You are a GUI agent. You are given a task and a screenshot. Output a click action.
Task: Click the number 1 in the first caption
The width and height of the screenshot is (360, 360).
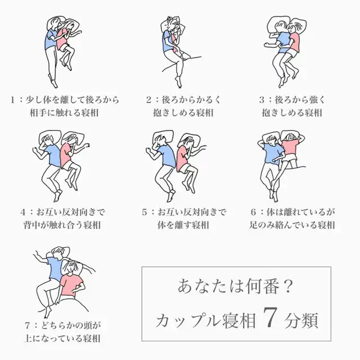[x=13, y=100]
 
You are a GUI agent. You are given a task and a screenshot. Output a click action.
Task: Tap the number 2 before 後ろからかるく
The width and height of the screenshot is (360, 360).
[x=148, y=100]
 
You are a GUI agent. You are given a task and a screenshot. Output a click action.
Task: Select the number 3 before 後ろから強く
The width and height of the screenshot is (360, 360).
[x=262, y=100]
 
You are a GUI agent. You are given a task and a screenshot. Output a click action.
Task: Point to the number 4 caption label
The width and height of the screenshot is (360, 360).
[x=22, y=212]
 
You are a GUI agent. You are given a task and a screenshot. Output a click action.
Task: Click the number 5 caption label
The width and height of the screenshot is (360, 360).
[x=144, y=212]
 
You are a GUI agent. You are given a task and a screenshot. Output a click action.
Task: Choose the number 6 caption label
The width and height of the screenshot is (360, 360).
[x=253, y=212]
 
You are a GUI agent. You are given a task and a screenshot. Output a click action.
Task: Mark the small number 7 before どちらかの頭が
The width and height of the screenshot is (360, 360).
[x=28, y=326]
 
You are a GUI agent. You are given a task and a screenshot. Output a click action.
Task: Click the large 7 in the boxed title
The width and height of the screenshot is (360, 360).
[x=270, y=317]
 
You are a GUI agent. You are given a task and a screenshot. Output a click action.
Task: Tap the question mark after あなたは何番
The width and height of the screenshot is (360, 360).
[x=288, y=286]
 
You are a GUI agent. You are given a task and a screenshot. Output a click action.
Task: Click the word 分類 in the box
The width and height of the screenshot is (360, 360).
[x=301, y=320]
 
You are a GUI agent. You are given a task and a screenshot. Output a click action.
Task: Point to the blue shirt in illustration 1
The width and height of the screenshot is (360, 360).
[x=51, y=39]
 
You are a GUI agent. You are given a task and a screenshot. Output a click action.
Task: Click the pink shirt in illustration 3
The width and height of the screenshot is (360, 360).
[x=295, y=42]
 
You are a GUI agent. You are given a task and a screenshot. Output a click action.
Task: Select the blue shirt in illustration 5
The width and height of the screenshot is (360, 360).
[x=167, y=155]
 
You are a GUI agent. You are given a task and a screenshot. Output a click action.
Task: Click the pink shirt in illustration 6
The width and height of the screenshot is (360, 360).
[x=290, y=147]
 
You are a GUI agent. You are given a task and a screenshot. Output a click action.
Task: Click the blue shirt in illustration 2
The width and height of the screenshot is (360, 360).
[x=167, y=41]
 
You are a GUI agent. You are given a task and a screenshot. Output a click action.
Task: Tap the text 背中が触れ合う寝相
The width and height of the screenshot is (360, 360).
[x=62, y=225]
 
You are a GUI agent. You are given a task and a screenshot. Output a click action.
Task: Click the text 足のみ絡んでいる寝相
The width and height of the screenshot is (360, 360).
[x=292, y=225]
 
